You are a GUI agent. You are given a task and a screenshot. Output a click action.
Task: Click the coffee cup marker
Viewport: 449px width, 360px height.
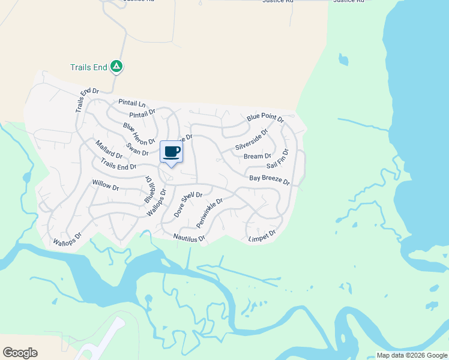click(x=172, y=151)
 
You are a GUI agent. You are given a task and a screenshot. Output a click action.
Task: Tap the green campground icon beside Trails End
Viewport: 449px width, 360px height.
click(x=116, y=67)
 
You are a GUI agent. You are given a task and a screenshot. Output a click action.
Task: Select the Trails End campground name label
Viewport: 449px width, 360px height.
click(x=88, y=67)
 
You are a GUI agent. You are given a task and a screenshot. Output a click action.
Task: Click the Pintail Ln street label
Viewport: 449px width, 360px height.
click(x=132, y=103)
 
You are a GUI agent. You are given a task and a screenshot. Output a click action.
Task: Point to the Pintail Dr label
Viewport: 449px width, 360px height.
click(x=142, y=113)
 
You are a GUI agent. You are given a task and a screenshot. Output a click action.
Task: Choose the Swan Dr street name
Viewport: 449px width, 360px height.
click(x=137, y=149)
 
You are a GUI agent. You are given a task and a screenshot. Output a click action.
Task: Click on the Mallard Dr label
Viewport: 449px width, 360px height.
click(x=109, y=149)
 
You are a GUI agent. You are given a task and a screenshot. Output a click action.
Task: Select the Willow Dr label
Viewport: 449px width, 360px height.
click(x=106, y=187)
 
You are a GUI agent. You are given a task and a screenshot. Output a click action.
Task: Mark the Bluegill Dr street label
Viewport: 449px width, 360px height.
click(x=149, y=189)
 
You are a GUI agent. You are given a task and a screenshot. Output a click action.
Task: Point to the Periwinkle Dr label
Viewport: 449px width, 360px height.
click(x=209, y=213)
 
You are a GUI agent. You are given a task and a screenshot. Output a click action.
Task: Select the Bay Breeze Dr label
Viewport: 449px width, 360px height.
click(x=270, y=179)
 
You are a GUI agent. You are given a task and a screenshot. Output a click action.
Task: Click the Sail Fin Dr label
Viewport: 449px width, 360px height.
click(x=278, y=159)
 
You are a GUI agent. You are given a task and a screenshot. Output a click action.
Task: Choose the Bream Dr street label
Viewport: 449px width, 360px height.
click(x=258, y=157)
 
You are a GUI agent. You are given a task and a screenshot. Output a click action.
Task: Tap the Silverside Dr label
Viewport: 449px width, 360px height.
click(x=252, y=139)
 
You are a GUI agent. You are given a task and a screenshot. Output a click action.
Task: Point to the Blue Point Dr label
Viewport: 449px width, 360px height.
click(x=265, y=119)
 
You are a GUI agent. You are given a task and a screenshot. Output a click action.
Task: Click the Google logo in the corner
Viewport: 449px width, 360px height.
click(x=20, y=353)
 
